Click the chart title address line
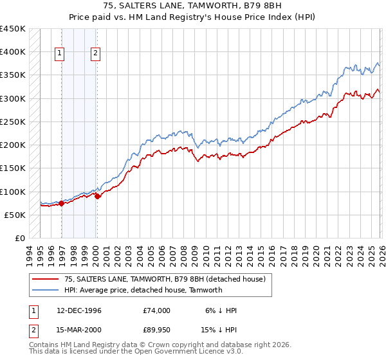coord(193,6)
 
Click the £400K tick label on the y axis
coord(13,52)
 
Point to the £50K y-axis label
coord(15,215)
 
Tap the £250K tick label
coord(13,122)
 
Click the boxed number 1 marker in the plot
coord(60,54)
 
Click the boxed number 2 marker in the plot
coord(95,54)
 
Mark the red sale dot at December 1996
coord(62,203)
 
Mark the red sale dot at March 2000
coord(97,196)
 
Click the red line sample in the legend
coord(46,279)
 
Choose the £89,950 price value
coord(157,331)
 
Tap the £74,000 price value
coord(157,310)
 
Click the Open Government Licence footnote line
coord(135,352)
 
